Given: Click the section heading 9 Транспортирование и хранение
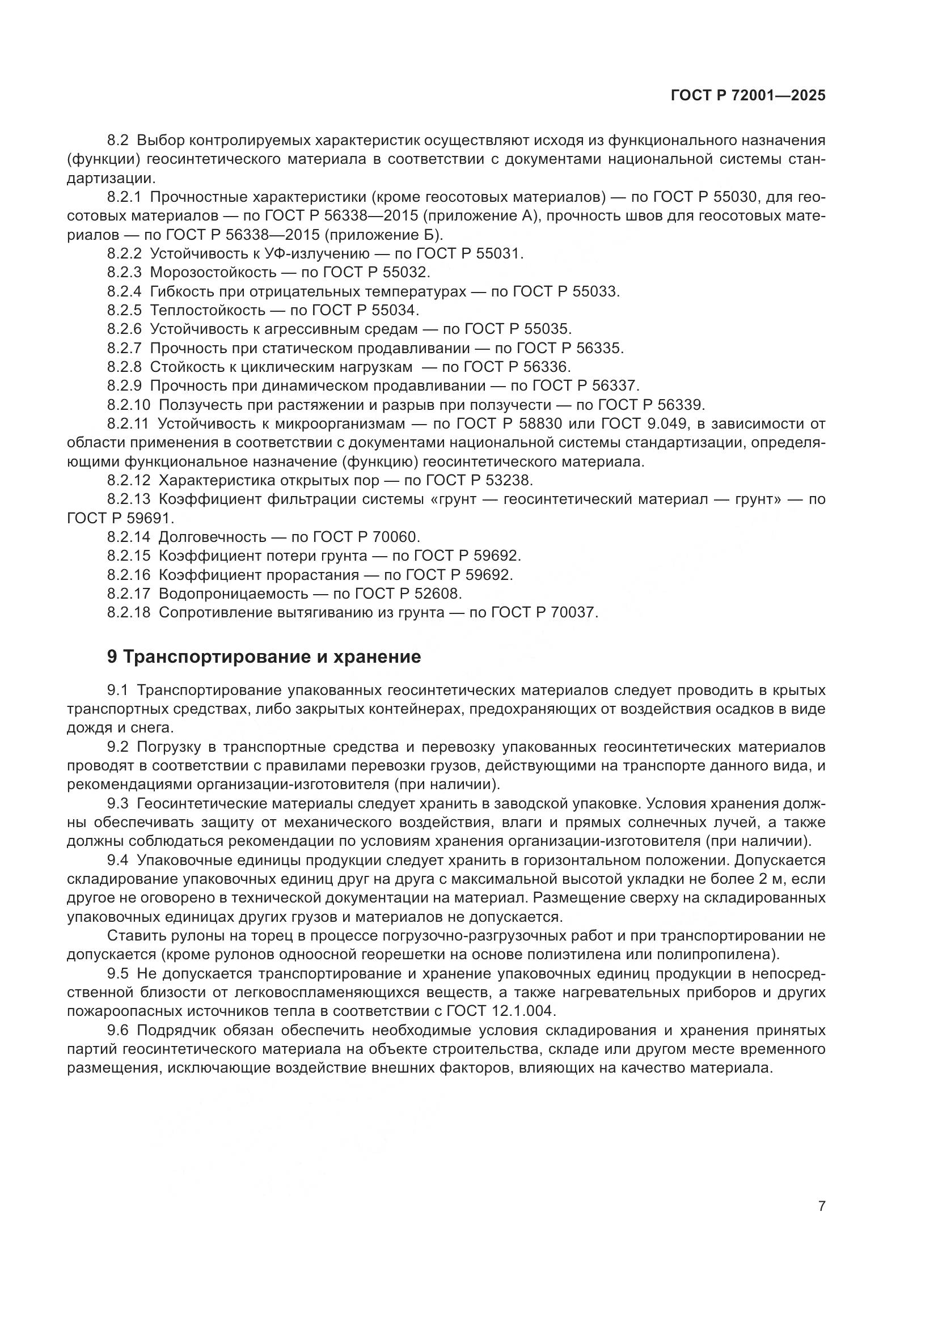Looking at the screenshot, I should coord(264,656).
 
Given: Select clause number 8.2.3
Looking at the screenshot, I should coord(124,272).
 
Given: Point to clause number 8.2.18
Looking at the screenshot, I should coord(128,612).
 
